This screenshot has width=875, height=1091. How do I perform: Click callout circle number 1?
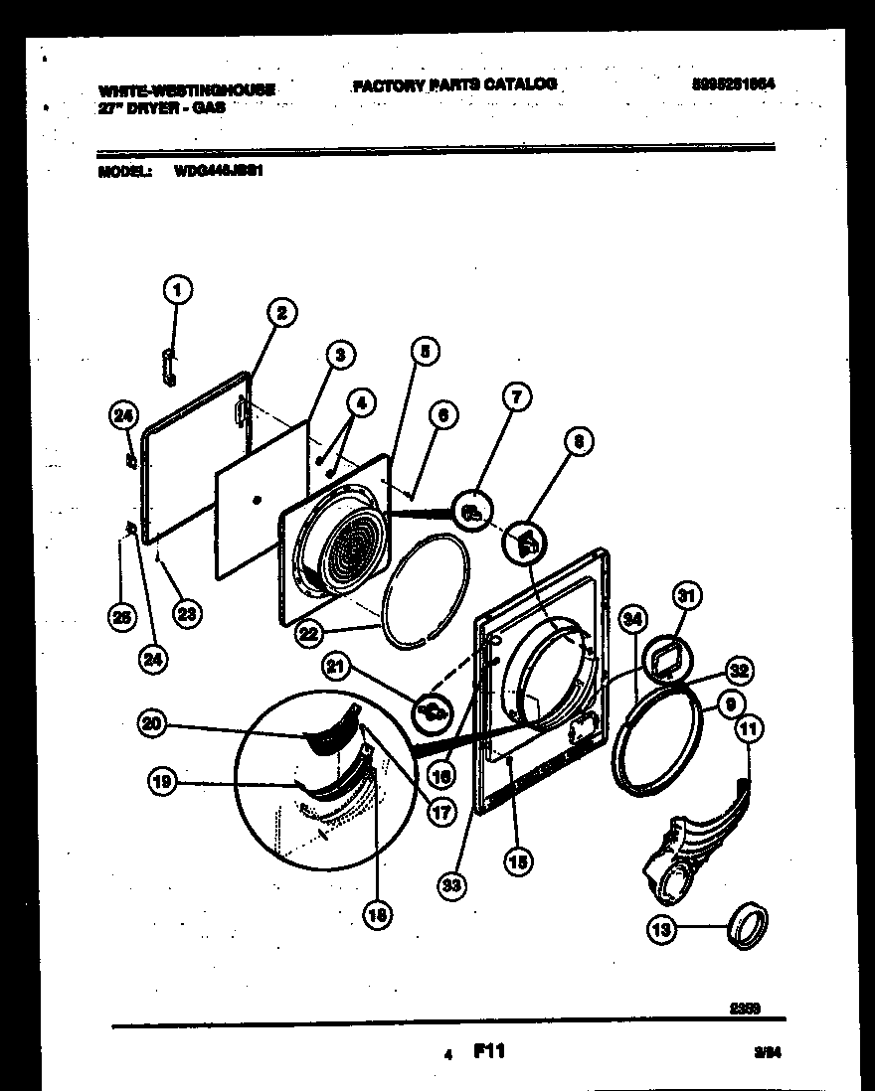177,290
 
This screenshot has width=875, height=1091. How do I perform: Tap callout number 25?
121,619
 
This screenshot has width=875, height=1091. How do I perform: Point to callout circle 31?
686,596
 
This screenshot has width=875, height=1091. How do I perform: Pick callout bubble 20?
151,726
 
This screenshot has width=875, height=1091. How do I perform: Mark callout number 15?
517,861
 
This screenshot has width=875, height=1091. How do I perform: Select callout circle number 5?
425,350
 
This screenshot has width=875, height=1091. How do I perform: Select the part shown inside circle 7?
473,513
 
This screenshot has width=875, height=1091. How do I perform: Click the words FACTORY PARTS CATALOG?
454,85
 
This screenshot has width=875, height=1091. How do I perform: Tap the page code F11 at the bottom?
488,1049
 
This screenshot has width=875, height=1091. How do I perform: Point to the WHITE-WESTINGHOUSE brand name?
188,90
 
